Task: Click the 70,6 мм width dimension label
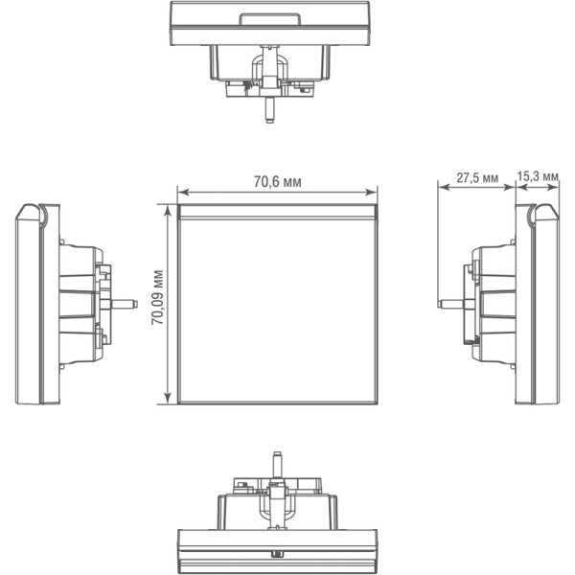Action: [278, 182]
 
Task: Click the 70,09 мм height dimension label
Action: [158, 297]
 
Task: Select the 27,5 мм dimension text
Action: [477, 178]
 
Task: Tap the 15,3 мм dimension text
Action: [538, 176]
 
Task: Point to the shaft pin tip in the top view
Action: [270, 120]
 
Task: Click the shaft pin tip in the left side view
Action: [135, 304]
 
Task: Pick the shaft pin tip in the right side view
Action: [440, 304]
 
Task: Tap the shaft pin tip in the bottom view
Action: [278, 454]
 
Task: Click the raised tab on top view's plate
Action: [269, 19]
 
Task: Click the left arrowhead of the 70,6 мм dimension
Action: [182, 193]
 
